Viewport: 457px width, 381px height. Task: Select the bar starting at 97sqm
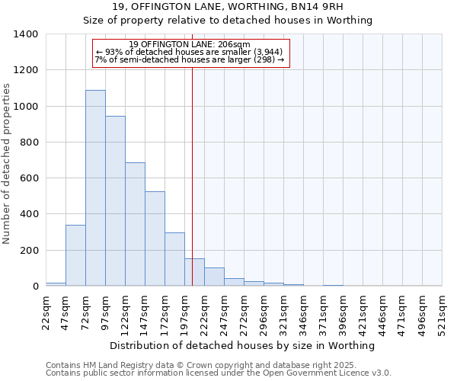(115, 201)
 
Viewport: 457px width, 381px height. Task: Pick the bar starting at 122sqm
(135, 224)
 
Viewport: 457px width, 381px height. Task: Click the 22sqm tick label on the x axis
(46, 310)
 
